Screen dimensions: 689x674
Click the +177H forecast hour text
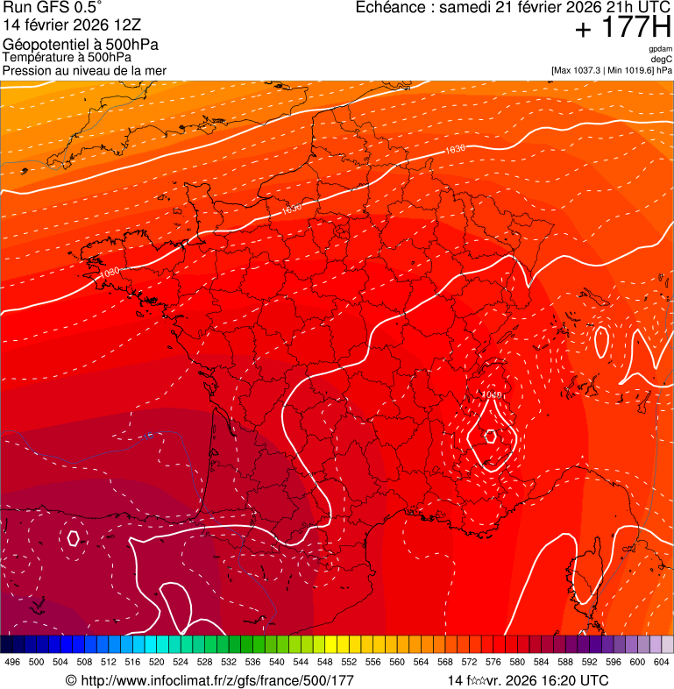(622, 30)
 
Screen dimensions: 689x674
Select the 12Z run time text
(123, 25)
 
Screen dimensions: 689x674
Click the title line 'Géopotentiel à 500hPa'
(81, 44)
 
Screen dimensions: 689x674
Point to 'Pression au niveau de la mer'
(84, 70)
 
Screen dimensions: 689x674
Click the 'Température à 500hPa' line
(67, 57)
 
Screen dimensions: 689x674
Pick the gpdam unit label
(660, 49)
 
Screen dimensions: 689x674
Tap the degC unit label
(662, 60)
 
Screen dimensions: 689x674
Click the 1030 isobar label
(110, 272)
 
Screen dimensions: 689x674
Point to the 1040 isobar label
(492, 395)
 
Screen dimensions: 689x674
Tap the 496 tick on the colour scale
(12, 662)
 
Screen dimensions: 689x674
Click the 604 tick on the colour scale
(662, 662)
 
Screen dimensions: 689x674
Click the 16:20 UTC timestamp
(565, 680)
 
